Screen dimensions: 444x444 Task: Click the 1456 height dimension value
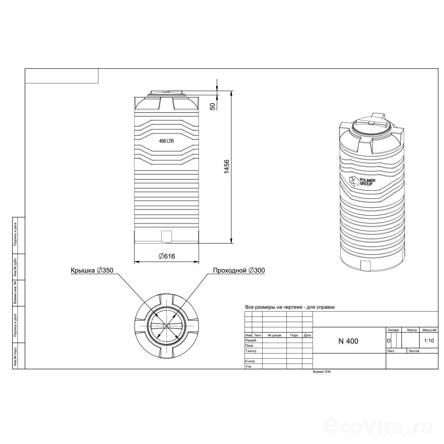pos(227,166)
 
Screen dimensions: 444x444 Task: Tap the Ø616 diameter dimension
pos(167,256)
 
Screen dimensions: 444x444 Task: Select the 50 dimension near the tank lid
pos(213,106)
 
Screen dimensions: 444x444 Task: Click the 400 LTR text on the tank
pos(166,141)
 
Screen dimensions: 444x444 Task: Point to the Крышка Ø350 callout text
pos(92,270)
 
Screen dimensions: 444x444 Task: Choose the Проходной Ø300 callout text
pos(239,270)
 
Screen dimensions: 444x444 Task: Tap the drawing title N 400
pos(348,341)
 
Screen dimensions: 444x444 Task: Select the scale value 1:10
pos(429,341)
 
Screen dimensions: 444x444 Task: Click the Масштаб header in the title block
pos(430,330)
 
